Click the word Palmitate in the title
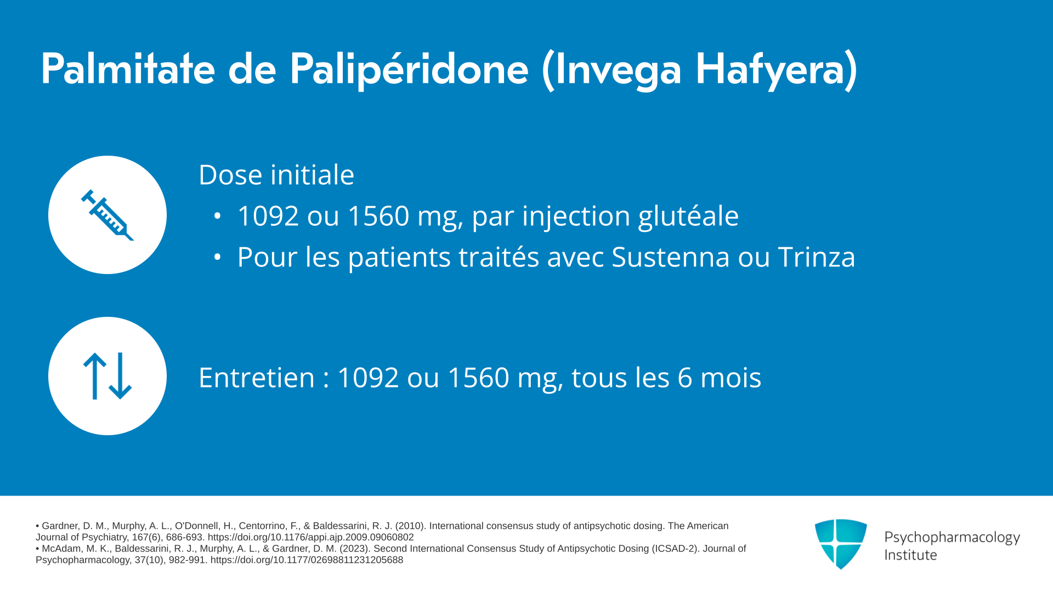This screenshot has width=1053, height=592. [128, 69]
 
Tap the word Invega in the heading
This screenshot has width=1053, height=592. [618, 70]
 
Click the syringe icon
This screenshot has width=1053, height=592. [107, 215]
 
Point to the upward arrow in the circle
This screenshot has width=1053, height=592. [94, 376]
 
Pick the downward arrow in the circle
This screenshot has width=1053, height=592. [120, 376]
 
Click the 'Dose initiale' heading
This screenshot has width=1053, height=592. [276, 175]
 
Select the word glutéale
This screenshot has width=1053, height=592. [688, 216]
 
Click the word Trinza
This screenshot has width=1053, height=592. [817, 257]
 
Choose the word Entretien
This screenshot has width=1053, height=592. [257, 378]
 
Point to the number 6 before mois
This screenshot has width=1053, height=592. [685, 378]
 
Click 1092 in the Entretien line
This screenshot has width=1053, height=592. [368, 378]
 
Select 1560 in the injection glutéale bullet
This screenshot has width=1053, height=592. [378, 216]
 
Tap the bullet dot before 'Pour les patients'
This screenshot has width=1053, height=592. [217, 257]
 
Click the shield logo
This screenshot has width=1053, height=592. [841, 544]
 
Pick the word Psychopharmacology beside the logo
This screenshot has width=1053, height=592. [952, 538]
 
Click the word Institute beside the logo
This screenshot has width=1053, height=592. [910, 555]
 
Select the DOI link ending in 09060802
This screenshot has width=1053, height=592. [310, 537]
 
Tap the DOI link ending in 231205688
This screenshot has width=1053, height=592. [307, 560]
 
